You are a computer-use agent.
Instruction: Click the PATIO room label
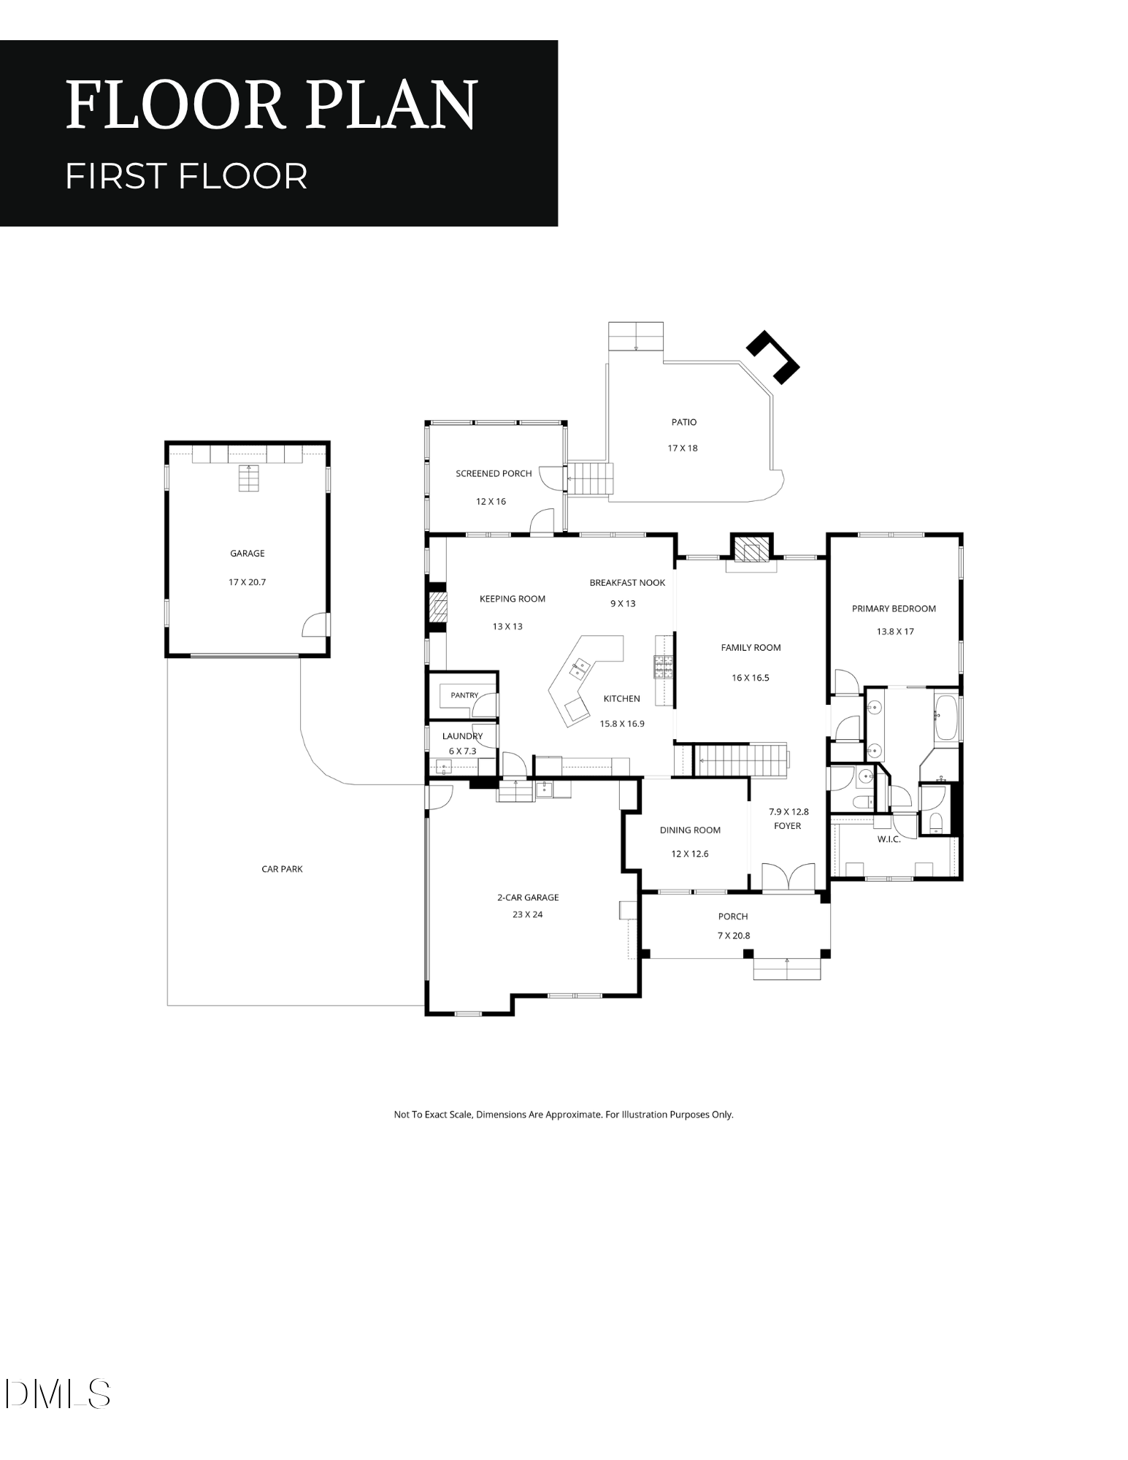point(684,422)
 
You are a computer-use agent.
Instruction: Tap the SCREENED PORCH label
point(494,473)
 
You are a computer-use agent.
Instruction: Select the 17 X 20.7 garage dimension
point(247,582)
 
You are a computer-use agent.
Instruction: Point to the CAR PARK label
point(282,869)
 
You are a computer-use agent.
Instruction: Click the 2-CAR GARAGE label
point(528,898)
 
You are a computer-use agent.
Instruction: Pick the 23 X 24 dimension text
point(528,914)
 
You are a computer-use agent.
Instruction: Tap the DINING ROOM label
point(690,830)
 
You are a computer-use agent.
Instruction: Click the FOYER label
point(787,826)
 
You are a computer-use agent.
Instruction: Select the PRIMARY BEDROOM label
point(894,608)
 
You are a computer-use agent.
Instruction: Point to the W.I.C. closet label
point(889,839)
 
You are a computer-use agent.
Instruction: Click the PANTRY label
point(464,695)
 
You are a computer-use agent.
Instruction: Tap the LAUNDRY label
point(462,736)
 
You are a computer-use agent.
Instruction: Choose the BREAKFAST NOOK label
point(627,583)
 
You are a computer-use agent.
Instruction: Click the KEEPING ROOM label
point(512,599)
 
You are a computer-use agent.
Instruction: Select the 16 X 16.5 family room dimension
point(751,678)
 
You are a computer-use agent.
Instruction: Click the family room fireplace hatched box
point(751,549)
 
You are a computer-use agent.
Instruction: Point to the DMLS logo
point(57,1394)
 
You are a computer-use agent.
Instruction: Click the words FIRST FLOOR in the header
point(186,176)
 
